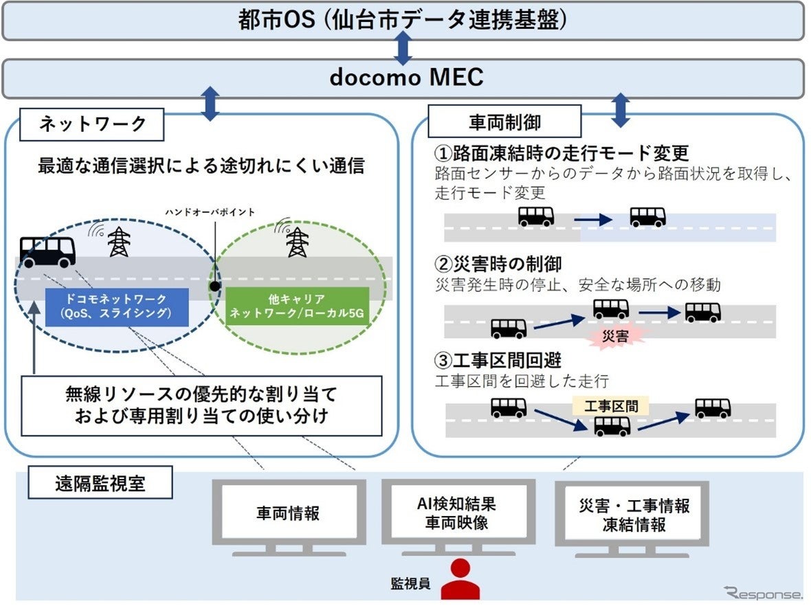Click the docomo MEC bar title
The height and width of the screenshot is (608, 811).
(x=406, y=77)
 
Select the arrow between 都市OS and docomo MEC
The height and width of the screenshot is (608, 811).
(x=404, y=48)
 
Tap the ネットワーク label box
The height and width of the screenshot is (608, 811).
(x=92, y=124)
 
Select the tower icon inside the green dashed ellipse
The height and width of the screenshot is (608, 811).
(x=298, y=242)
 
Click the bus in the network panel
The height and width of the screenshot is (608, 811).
(x=47, y=251)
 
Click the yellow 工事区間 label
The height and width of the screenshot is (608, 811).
(x=611, y=406)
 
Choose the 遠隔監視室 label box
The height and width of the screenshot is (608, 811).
(x=100, y=484)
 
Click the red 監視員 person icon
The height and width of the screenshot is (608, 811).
(x=460, y=580)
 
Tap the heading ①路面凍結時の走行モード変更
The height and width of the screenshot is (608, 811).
(x=561, y=153)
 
